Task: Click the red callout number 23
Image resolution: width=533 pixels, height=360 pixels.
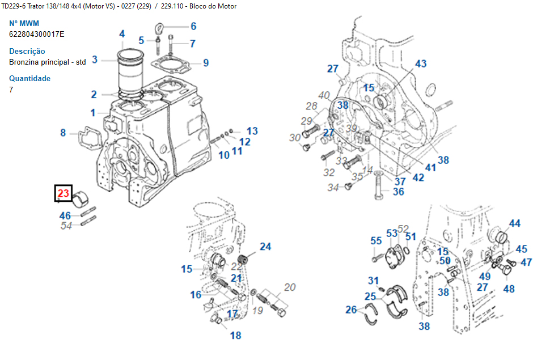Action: (x=63, y=194)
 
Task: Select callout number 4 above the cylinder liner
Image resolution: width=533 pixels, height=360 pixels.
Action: (x=122, y=34)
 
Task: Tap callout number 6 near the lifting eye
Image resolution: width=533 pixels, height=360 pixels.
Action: (x=193, y=26)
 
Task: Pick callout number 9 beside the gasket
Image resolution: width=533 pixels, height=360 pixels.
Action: (x=205, y=63)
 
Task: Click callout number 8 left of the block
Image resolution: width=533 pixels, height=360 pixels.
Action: (x=64, y=133)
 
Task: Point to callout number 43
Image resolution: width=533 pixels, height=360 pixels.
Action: (x=421, y=64)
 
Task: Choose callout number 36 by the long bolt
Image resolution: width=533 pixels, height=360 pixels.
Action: (x=399, y=192)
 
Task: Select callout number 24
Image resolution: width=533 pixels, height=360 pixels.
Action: (x=265, y=246)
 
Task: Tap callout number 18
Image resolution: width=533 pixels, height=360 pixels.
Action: (x=235, y=335)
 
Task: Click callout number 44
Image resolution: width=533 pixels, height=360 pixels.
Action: (x=514, y=223)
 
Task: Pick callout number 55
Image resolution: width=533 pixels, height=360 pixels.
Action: (x=377, y=241)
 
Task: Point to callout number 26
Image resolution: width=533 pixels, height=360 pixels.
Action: (x=352, y=310)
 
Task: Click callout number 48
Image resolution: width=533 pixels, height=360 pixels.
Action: (x=509, y=289)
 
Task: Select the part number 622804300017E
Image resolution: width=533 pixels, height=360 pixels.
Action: (x=37, y=35)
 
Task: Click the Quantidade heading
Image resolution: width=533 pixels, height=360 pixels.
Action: (x=30, y=78)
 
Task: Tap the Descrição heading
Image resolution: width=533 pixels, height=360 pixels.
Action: (x=27, y=51)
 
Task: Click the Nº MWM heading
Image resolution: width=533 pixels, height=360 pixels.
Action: (x=24, y=24)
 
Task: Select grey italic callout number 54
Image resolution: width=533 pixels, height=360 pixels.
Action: (x=66, y=226)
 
